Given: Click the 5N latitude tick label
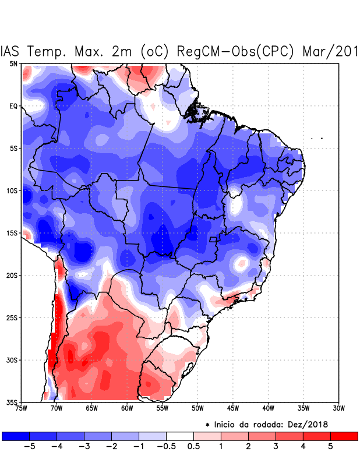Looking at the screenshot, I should tap(13, 63).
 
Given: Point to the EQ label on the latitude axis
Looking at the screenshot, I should tap(13, 106).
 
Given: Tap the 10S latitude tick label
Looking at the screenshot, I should tap(12, 190).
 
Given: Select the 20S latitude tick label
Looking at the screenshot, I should tap(12, 275).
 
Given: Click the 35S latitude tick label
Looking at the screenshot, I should tap(12, 402).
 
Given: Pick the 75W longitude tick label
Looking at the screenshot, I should tap(21, 408).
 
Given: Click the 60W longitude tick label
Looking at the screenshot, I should tap(127, 408).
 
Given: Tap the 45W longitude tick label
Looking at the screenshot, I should tap(233, 408).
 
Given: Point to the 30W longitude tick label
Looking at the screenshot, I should tap(338, 408).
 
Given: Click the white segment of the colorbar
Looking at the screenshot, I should tap(180, 436).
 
